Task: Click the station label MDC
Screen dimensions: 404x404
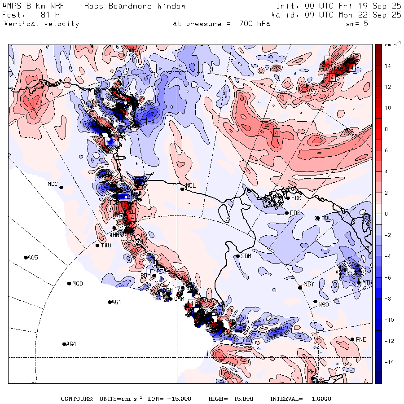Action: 53,184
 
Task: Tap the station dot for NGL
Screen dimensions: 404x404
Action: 183,189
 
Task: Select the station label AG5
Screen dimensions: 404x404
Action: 33,258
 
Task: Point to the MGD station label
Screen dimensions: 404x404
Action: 78,284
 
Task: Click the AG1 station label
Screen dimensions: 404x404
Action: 116,303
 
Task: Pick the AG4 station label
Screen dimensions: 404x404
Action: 71,344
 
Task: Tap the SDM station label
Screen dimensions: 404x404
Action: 246,256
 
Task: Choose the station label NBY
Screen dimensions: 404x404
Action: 309,284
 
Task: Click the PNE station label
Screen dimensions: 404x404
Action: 361,339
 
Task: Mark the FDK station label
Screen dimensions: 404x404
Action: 296,198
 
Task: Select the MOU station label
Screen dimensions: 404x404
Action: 326,218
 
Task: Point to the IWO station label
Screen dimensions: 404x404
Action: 106,246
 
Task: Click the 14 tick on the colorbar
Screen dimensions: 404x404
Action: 387,66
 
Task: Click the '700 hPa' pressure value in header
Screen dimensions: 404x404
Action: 255,24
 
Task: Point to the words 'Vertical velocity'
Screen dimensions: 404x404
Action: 41,24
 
